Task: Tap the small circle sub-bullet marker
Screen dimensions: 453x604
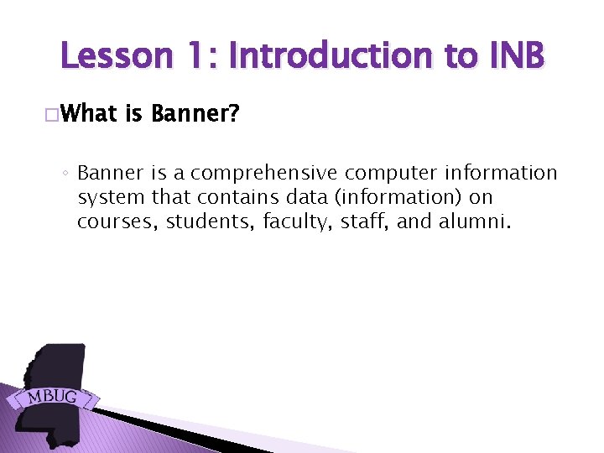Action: (66, 174)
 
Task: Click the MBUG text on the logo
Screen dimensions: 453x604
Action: (52, 395)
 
